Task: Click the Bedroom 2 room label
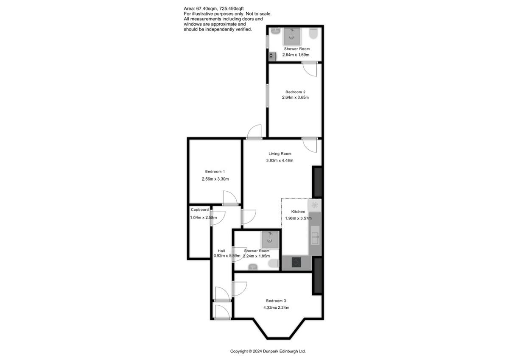click(295, 92)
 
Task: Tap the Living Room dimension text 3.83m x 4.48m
click(280, 160)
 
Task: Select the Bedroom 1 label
click(215, 171)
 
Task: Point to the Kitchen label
click(298, 212)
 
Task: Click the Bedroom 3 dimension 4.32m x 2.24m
click(276, 307)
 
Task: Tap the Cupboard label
click(200, 209)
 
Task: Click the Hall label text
click(221, 251)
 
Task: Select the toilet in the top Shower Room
click(313, 33)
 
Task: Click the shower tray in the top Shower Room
click(292, 36)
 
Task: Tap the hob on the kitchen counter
click(296, 262)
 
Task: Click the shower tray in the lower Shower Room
click(270, 240)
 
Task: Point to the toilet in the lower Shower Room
click(273, 263)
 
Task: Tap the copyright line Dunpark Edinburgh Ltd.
click(268, 351)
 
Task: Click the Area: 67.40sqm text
click(200, 8)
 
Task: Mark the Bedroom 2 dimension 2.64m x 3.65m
click(295, 98)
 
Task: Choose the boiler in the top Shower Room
click(272, 56)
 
